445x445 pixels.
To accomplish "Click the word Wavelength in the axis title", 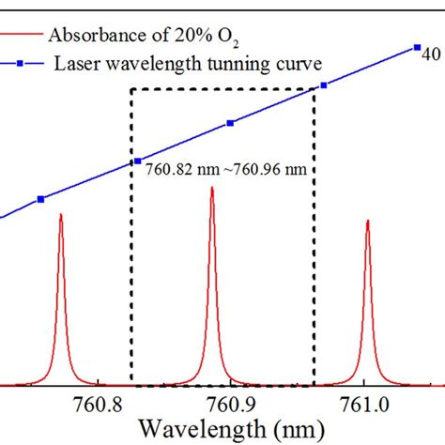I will (193, 429).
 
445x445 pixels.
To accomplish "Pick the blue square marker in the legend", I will (22, 64).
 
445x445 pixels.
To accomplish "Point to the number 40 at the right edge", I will (430, 54).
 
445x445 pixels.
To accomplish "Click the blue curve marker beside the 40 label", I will (417, 47).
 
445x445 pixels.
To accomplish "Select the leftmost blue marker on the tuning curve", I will (40, 199).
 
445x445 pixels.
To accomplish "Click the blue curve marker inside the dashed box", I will (230, 123).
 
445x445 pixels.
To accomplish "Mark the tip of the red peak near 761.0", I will (367, 222).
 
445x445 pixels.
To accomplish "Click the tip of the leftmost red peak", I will (61, 215).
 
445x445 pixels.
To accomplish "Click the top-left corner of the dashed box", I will (131, 89).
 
